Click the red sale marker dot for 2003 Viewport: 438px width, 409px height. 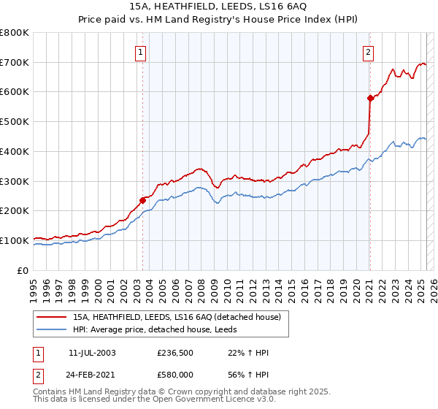tap(142, 199)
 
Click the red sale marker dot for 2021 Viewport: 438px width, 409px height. tap(370, 97)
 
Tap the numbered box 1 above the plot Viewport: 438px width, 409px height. tap(139, 51)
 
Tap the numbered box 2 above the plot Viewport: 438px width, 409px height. tap(369, 51)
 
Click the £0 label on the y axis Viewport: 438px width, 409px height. tap(23, 270)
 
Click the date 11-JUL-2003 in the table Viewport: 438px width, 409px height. tap(92, 353)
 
